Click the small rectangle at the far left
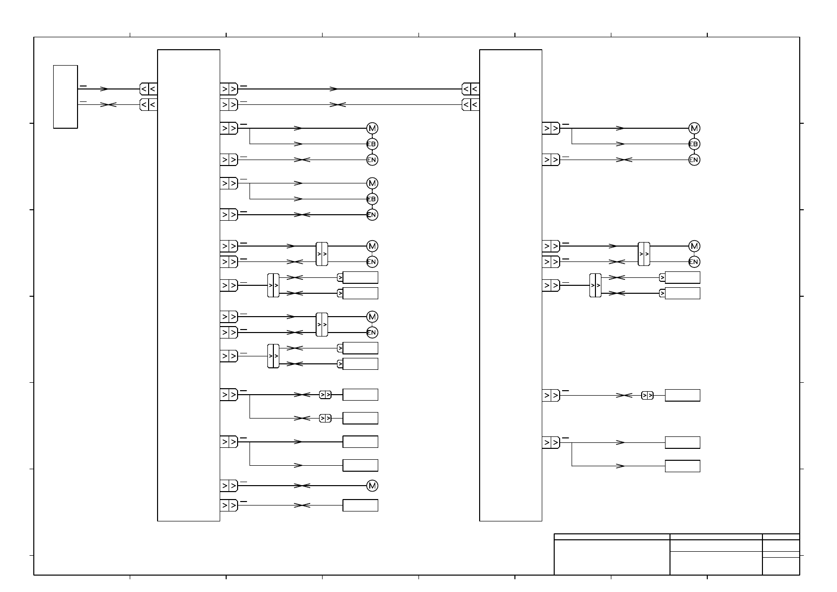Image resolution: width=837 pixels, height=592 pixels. tap(65, 96)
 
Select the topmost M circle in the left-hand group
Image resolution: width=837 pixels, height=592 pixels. tap(372, 128)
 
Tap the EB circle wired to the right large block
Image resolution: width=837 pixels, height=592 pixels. tap(694, 144)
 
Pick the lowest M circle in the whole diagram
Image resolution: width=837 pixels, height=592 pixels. tap(372, 486)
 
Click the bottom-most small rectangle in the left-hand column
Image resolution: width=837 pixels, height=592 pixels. tap(360, 506)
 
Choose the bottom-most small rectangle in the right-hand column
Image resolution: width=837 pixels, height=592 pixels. tap(682, 466)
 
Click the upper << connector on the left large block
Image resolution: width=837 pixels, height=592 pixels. tap(148, 89)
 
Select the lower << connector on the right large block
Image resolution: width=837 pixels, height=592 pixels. tap(470, 105)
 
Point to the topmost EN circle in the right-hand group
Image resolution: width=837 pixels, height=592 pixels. tap(694, 160)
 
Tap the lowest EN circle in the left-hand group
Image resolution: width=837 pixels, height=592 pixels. tap(372, 333)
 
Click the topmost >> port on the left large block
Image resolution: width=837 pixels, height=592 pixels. tap(229, 89)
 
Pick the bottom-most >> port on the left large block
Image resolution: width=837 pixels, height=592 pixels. tap(229, 506)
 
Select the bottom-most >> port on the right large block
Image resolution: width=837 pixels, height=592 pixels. tap(551, 442)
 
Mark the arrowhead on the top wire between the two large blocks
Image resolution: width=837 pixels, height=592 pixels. tap(334, 89)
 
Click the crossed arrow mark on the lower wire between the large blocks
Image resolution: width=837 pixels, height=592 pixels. tap(337, 105)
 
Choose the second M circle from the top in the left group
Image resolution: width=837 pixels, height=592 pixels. tap(372, 183)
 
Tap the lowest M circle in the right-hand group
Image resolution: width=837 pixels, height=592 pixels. tap(694, 246)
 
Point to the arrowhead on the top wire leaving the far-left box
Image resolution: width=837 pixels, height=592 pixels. tap(104, 89)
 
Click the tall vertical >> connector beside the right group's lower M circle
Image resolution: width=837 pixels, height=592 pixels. tap(644, 254)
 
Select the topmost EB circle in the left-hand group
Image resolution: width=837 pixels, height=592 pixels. tap(372, 144)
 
